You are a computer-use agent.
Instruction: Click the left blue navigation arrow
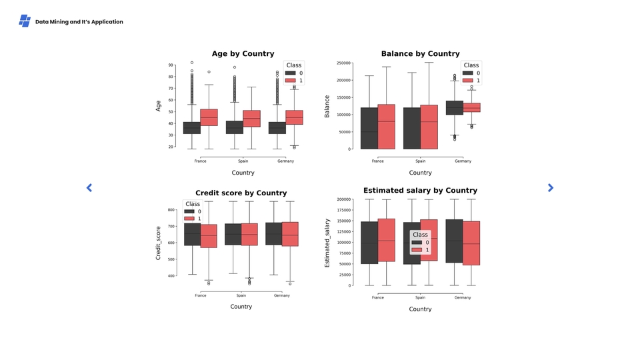pyautogui.click(x=89, y=188)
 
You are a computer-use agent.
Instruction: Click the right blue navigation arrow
pyautogui.click(x=551, y=188)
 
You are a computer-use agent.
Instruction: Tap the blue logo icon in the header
pyautogui.click(x=25, y=21)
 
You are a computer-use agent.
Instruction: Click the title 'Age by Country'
pyautogui.click(x=243, y=53)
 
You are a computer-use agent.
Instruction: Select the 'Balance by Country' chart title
pyautogui.click(x=420, y=53)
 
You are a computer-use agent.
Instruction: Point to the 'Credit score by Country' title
pyautogui.click(x=241, y=193)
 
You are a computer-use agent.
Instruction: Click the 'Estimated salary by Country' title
pyautogui.click(x=420, y=190)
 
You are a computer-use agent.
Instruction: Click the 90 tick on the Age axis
pyautogui.click(x=171, y=65)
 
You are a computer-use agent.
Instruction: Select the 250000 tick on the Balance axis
pyautogui.click(x=344, y=63)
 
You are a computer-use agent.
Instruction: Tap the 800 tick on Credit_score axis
pyautogui.click(x=171, y=209)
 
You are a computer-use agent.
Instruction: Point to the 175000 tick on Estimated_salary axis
pyautogui.click(x=343, y=210)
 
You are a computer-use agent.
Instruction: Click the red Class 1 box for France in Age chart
pyautogui.click(x=209, y=117)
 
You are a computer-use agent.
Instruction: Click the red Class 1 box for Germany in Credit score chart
pyautogui.click(x=290, y=234)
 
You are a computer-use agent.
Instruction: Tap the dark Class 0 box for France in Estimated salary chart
pyautogui.click(x=369, y=243)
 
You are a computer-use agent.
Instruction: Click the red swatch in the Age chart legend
pyautogui.click(x=290, y=81)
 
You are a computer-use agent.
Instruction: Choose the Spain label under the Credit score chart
pyautogui.click(x=241, y=295)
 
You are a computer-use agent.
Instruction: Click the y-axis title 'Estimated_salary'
pyautogui.click(x=327, y=243)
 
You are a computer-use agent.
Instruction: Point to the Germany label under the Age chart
pyautogui.click(x=285, y=161)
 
